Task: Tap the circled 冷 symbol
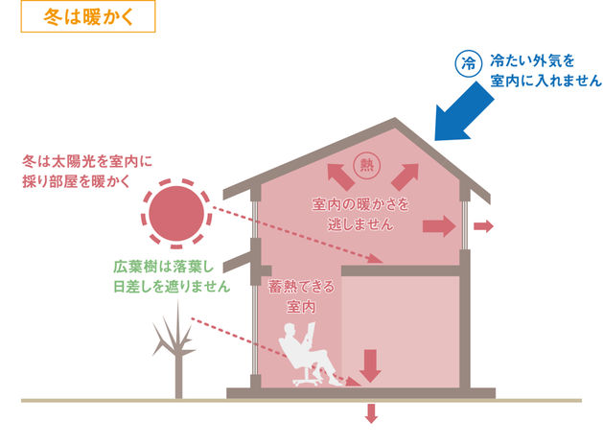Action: point(468,65)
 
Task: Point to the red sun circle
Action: point(176,212)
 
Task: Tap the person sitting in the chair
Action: point(309,351)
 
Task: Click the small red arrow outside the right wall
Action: point(484,226)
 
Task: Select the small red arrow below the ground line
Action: point(371,413)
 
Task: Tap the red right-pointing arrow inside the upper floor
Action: point(439,226)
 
